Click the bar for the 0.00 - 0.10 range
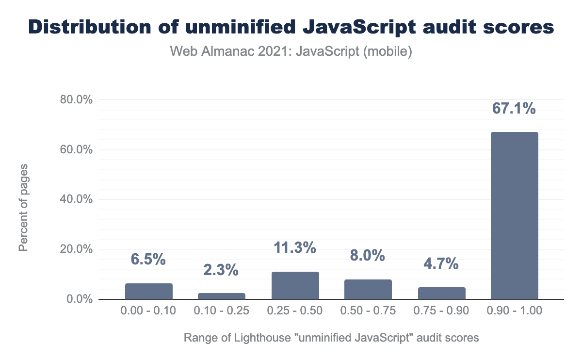click(149, 292)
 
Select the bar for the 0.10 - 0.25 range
click(222, 296)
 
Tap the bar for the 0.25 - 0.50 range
click(295, 286)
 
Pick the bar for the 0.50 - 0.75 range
click(368, 290)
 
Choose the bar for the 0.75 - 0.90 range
click(441, 294)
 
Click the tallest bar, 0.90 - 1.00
click(514, 216)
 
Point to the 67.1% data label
click(514, 108)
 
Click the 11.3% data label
click(295, 248)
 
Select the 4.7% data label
click(441, 264)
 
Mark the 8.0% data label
click(368, 255)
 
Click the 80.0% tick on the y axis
click(76, 99)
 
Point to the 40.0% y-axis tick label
click(76, 199)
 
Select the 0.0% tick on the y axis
click(79, 299)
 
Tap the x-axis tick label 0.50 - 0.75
click(368, 311)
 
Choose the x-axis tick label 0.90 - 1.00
click(514, 311)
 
